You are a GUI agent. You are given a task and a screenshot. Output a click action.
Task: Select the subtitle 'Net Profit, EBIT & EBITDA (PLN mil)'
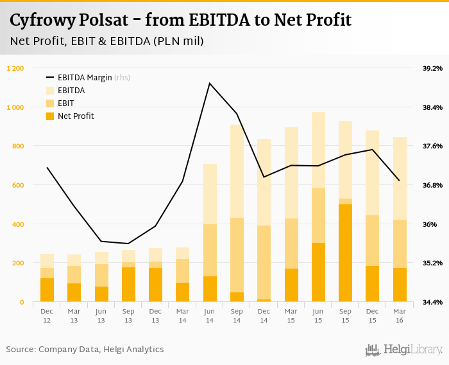point(106,42)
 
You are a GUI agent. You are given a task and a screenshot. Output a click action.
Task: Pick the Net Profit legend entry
point(75,116)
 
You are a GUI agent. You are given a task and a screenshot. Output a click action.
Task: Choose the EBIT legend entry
point(65,103)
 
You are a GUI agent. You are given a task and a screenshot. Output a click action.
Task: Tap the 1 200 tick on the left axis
point(15,68)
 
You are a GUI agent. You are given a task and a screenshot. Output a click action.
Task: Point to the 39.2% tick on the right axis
point(432,68)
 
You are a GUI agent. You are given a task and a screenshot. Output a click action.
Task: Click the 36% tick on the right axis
point(430,224)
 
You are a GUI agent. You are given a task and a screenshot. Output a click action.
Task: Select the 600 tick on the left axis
point(18,185)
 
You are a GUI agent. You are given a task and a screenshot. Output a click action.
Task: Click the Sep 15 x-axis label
point(346,315)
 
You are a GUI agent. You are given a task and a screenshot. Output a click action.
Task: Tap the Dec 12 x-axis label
point(47,315)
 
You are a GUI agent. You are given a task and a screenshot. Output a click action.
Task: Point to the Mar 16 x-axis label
point(400,315)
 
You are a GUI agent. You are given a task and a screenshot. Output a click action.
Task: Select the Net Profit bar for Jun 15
point(318,272)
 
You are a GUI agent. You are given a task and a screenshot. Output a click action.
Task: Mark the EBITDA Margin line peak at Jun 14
point(210,83)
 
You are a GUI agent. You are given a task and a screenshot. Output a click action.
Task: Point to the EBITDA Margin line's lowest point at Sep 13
point(128,244)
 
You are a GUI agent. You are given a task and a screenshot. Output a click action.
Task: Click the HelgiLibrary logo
point(404,350)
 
